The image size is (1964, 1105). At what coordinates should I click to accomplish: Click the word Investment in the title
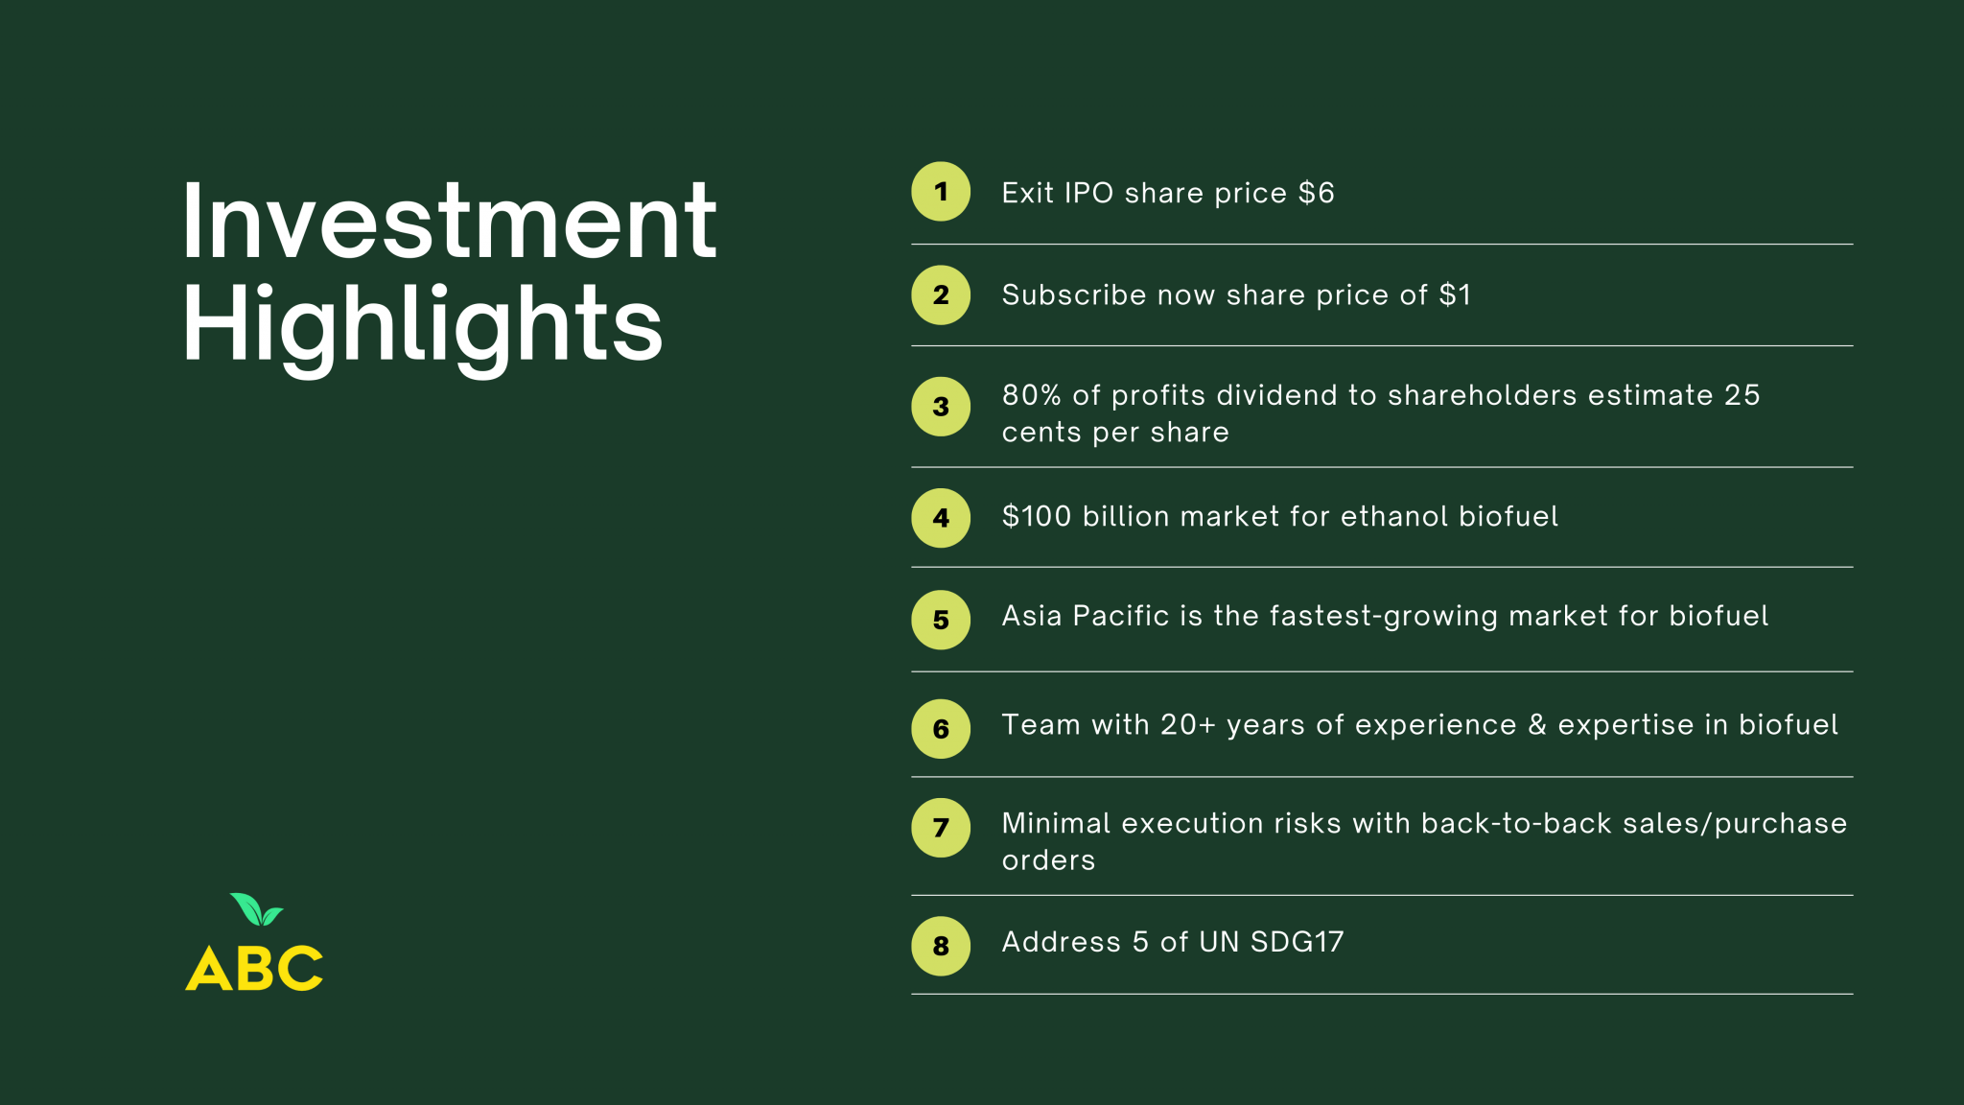coord(449,222)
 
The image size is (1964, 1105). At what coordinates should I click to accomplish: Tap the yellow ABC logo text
coord(254,968)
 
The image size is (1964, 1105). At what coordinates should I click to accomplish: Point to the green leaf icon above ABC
coord(256,909)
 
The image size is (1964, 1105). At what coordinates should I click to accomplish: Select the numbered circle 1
coord(941,192)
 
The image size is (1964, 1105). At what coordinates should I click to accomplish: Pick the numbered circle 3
coord(941,407)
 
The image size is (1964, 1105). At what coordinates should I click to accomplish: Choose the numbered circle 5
coord(941,620)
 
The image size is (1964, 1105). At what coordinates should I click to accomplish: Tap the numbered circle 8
coord(941,946)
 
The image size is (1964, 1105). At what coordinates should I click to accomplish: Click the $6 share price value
coord(1316,193)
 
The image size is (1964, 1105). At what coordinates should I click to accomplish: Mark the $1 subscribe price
coord(1455,294)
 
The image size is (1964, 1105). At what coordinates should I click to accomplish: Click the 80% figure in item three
coord(1032,395)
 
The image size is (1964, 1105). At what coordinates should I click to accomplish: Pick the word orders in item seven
coord(1048,860)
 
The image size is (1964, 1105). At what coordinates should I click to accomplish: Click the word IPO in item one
coord(1088,193)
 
